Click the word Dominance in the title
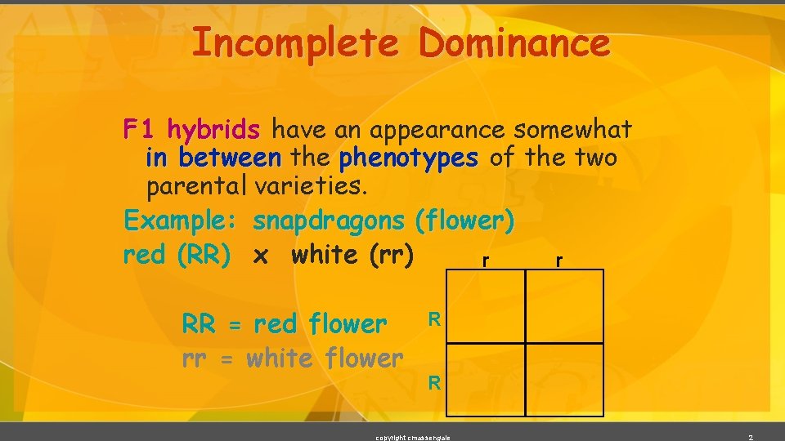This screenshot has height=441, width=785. pos(514,43)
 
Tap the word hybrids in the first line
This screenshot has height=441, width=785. pos(213,129)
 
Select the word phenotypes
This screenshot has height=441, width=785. pos(409,157)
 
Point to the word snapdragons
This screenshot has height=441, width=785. pos(329,220)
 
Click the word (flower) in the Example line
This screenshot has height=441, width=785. pos(464,220)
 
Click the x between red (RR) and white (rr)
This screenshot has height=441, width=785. pos(261,256)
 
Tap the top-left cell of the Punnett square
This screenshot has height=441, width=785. pos(487,306)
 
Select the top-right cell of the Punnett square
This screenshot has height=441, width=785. pos(564,306)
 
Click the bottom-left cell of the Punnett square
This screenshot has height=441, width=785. pos(487,379)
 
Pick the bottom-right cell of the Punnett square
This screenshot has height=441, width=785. pos(564,379)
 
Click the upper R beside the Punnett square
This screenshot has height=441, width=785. pos(436,318)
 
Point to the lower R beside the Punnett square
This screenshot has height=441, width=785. pos(436,381)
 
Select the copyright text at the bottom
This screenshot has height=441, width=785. pos(412,437)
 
